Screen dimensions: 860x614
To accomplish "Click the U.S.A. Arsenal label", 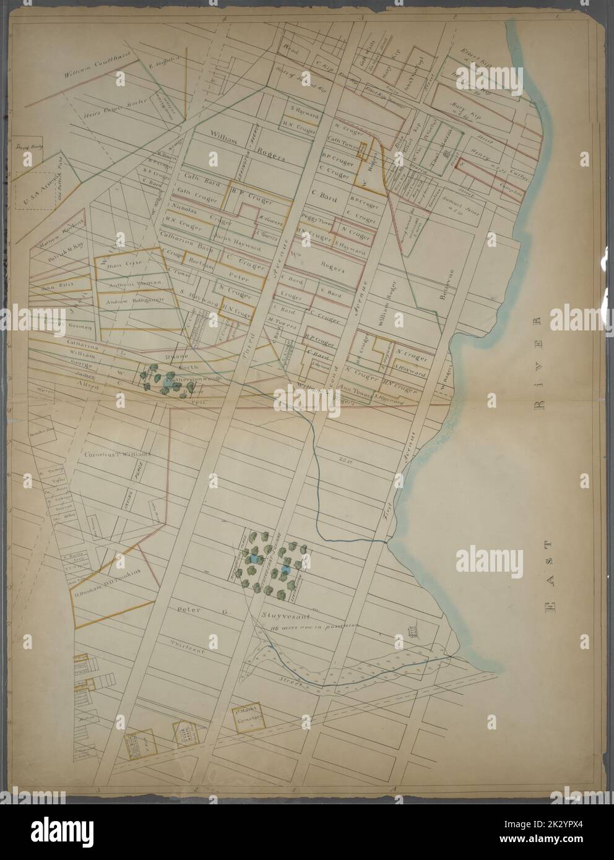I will click(32, 179).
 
